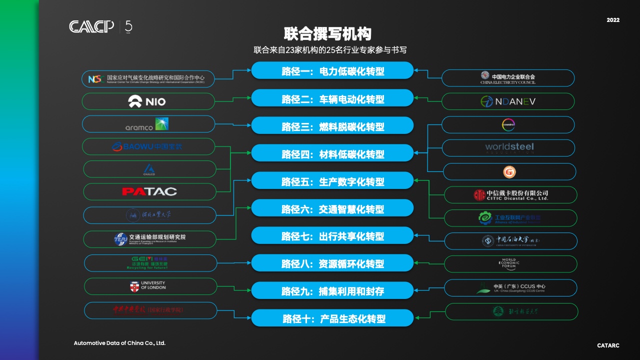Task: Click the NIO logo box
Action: pos(148,101)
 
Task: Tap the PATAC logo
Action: pos(149,191)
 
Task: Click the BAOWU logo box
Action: pos(148,147)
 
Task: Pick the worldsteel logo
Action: pos(508,147)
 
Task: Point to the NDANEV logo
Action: pos(508,101)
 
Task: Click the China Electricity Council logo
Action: pos(508,78)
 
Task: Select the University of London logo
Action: pos(150,286)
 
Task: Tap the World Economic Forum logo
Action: pos(510,263)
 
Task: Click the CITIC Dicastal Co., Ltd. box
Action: pos(510,195)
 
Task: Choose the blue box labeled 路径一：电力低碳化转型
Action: pos(332,71)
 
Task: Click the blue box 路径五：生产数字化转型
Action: pos(332,181)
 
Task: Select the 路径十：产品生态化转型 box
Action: pos(332,318)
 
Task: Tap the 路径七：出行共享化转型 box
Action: pos(332,236)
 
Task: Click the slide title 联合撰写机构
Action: pos(327,34)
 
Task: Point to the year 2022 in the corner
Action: pos(613,20)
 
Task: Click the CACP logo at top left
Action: pos(92,26)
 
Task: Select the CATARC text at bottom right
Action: pos(608,345)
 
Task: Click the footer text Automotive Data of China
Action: pos(119,343)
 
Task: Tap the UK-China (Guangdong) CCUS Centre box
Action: pos(510,288)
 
